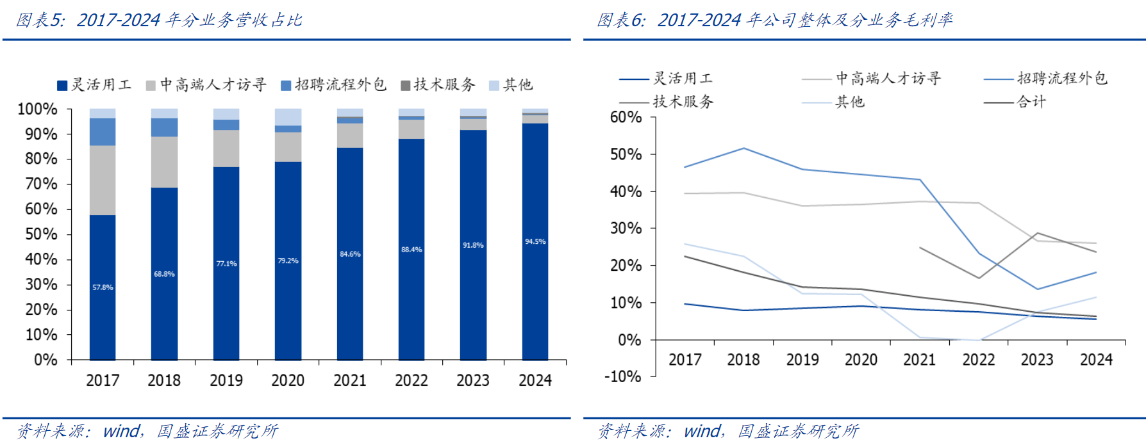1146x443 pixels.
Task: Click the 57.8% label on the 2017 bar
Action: coord(103,287)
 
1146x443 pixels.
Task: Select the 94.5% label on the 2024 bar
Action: coord(535,241)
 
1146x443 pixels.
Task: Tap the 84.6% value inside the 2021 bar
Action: coord(350,254)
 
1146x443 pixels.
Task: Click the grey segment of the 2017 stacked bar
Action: coord(103,180)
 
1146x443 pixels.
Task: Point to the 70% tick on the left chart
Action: coord(41,184)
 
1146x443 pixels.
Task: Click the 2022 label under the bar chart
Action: coord(411,381)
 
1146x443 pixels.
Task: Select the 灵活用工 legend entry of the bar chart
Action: coord(94,85)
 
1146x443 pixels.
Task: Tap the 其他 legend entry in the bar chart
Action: coord(511,85)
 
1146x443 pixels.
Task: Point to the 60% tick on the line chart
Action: coord(626,117)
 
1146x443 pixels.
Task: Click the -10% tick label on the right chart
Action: coord(623,376)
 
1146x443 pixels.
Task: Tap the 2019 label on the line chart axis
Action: coord(802,360)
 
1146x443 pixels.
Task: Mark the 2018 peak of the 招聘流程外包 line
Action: coord(743,149)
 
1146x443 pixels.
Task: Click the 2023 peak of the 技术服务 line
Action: coord(1037,233)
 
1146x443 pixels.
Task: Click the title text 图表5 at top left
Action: coord(40,20)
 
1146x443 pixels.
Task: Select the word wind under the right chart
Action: coord(702,431)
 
